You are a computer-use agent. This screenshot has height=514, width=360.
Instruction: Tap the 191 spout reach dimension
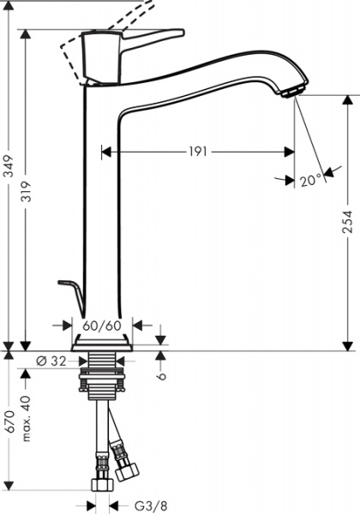[198, 152]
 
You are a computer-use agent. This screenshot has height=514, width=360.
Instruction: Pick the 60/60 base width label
[103, 326]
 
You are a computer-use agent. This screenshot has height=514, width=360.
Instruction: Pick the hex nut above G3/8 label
[102, 486]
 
